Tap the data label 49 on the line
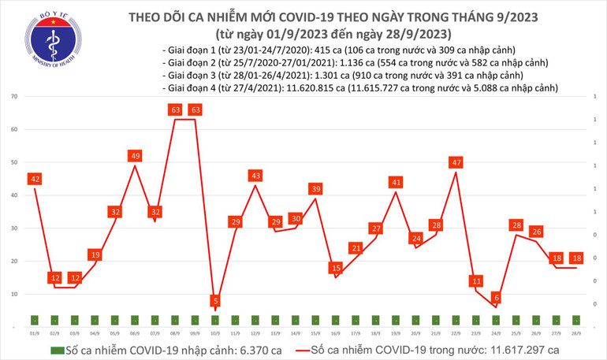pos(136,156)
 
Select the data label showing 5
pos(215,300)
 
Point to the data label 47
pos(455,162)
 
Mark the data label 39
pos(315,188)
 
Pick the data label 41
pos(396,182)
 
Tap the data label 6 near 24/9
pos(496,297)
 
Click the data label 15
pos(335,268)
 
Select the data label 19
pos(95,254)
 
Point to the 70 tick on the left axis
pos(14,96)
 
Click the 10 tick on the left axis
pos(14,294)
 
